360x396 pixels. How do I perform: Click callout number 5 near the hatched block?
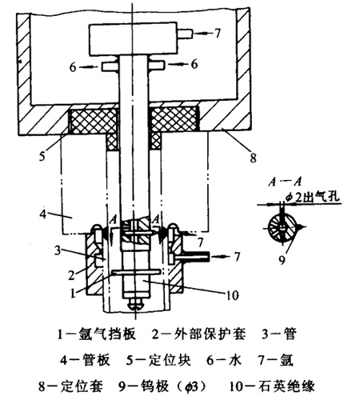42,156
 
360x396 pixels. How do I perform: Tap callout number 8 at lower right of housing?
253,158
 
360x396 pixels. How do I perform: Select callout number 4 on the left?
43,214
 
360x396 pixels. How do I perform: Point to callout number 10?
232,295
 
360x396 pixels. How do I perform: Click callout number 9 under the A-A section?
282,259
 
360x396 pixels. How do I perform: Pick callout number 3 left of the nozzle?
58,250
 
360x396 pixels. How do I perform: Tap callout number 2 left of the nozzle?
71,274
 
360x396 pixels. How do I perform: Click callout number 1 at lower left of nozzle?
73,293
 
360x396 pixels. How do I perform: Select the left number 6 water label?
73,67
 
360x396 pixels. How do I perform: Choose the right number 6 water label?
194,64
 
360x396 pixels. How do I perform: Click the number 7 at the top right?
218,33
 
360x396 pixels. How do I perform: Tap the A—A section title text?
285,182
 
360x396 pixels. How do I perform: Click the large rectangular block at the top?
134,40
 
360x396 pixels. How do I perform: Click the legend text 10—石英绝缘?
272,386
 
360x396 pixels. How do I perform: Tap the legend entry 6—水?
223,360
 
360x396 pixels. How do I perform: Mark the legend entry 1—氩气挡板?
97,334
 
